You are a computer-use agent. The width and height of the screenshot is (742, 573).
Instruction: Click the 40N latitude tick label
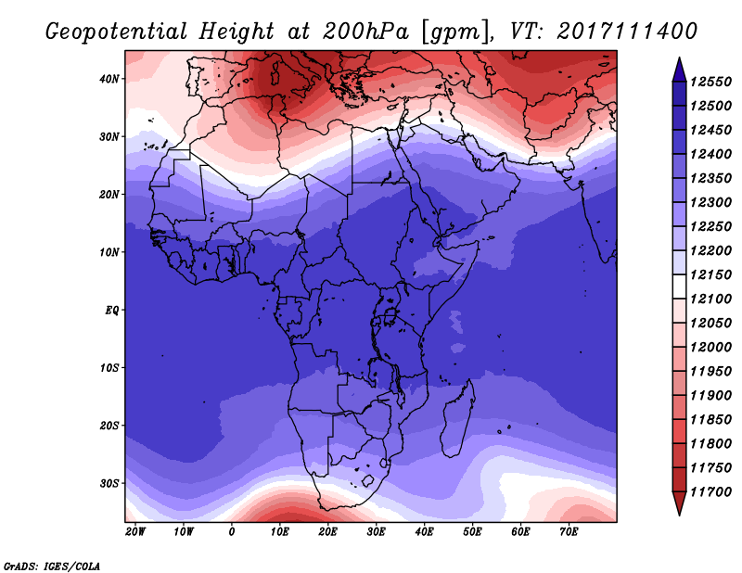point(109,79)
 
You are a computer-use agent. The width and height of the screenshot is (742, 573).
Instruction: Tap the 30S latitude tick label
point(109,484)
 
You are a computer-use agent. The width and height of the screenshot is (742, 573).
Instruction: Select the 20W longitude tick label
point(135,532)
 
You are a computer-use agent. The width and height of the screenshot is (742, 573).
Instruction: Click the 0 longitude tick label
point(231,532)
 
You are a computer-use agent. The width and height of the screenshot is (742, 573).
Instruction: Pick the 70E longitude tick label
point(569,532)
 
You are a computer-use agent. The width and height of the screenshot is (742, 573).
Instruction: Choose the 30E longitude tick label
point(376,532)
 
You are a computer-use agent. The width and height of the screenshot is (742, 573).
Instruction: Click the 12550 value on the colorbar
point(710,82)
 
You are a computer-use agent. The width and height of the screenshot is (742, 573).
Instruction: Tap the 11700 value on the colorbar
point(710,492)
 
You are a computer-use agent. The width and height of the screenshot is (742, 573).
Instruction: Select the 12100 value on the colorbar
point(710,299)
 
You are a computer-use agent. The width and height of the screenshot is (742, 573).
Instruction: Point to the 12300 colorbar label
point(710,202)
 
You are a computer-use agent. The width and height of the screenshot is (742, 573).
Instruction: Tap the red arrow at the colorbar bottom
point(679,503)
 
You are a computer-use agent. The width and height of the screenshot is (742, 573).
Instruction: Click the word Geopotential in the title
point(117,32)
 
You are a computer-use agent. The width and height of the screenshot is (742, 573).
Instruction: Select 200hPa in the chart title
point(365,32)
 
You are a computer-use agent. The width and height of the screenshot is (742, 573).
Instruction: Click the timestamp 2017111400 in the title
point(627,32)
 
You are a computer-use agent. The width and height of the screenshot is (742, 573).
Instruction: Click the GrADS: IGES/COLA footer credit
point(52,566)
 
